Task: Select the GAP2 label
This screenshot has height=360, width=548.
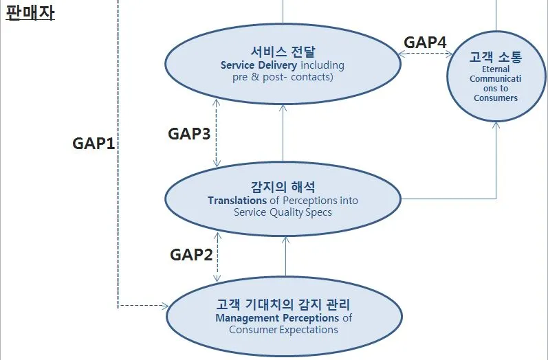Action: click(x=190, y=255)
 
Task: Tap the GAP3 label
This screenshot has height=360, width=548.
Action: click(x=189, y=133)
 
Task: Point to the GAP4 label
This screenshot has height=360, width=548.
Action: click(x=425, y=42)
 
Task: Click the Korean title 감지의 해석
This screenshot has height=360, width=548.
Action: click(x=283, y=187)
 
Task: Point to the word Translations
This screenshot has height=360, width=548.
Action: click(x=237, y=201)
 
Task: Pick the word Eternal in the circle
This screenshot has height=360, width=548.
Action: click(x=495, y=69)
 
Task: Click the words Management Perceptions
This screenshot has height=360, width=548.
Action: click(x=277, y=318)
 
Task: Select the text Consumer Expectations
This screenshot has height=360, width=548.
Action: click(x=283, y=330)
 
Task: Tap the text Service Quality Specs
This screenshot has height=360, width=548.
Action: click(x=283, y=212)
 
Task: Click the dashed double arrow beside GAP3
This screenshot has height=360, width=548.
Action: click(x=217, y=133)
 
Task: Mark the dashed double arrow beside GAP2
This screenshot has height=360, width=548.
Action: click(x=217, y=255)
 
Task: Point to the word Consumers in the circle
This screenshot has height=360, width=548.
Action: click(x=495, y=98)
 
